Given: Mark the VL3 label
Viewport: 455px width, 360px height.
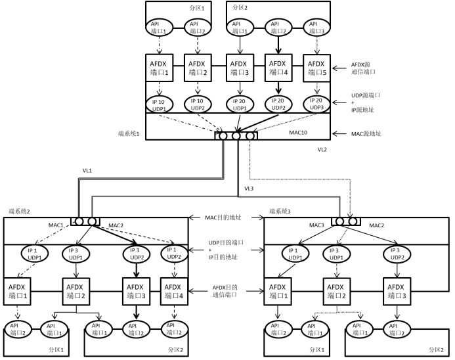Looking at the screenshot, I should [x=249, y=188].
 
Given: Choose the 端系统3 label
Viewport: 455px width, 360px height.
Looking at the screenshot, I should [x=280, y=212].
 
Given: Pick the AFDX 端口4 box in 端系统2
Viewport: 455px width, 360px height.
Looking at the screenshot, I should [x=173, y=290].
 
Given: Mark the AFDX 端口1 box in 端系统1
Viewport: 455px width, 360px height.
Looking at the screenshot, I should [x=160, y=68].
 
